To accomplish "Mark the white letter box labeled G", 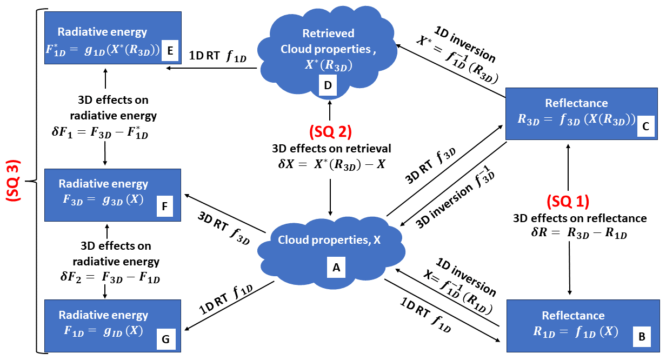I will (x=165, y=338).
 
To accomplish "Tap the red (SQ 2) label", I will (x=330, y=132).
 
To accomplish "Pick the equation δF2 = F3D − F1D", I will (x=105, y=277).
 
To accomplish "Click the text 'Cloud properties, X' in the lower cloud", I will (x=329, y=240).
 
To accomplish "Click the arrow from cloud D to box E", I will (x=211, y=69).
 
